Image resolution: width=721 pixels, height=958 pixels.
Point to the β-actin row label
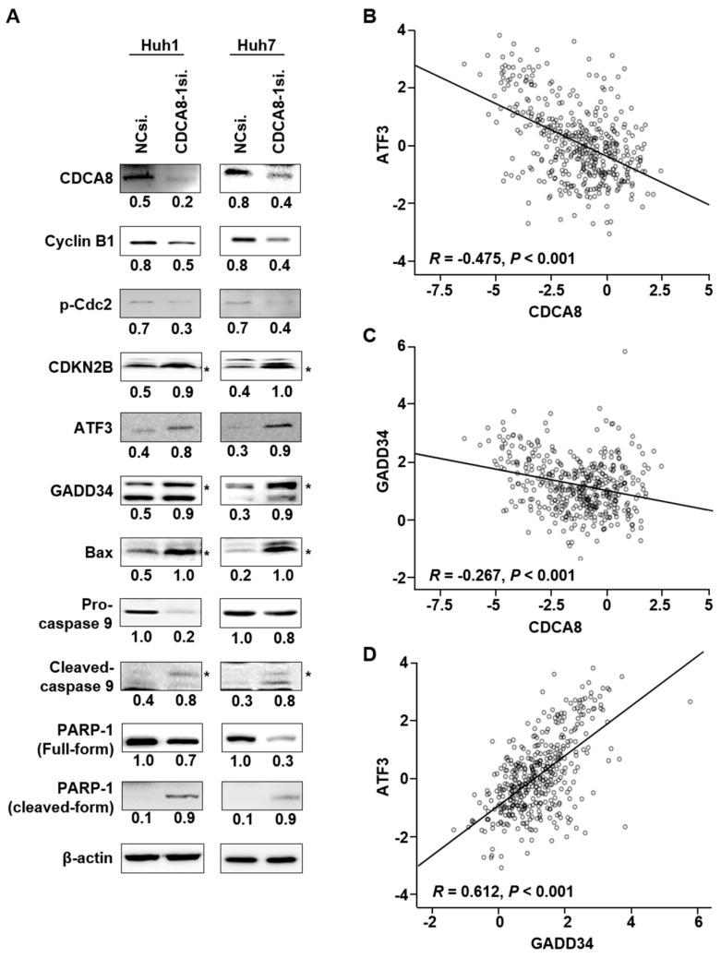(x=87, y=858)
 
